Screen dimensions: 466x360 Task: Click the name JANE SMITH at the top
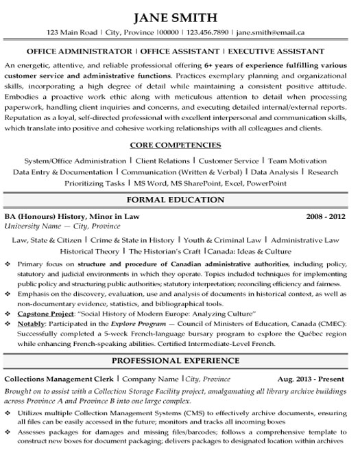(180, 16)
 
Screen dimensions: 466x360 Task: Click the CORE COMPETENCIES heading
(180, 145)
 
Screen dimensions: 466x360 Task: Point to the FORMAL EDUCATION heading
(180, 200)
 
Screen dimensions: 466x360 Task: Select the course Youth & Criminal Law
(223, 240)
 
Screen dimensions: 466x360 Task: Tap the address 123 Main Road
(71, 32)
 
